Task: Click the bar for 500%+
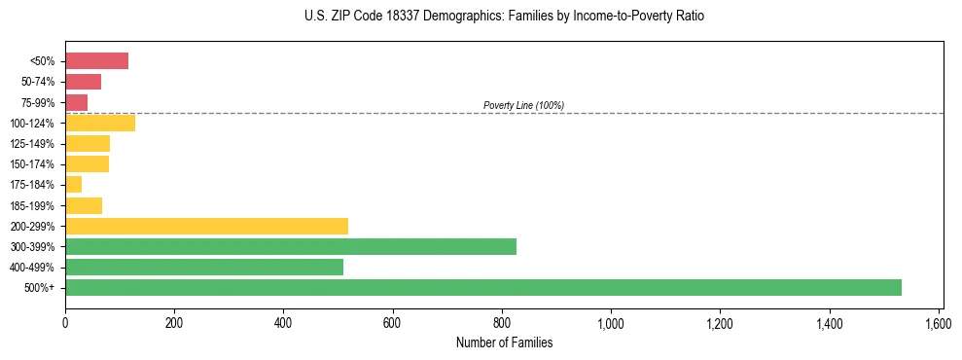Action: pyautogui.click(x=483, y=287)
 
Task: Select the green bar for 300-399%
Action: pyautogui.click(x=291, y=246)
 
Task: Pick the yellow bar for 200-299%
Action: pyautogui.click(x=206, y=226)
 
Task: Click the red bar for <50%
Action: pyautogui.click(x=96, y=61)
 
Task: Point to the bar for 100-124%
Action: pyautogui.click(x=100, y=123)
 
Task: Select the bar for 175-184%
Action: pyautogui.click(x=73, y=185)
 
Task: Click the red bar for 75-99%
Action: pyautogui.click(x=76, y=102)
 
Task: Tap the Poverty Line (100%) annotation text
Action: pyautogui.click(x=523, y=105)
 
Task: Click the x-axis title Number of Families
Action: pyautogui.click(x=504, y=342)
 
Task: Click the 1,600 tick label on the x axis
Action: pyautogui.click(x=939, y=321)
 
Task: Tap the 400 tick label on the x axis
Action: pyautogui.click(x=283, y=321)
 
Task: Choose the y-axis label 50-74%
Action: pyautogui.click(x=39, y=82)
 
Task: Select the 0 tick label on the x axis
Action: pyautogui.click(x=65, y=321)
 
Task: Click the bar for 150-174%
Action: pyautogui.click(x=87, y=164)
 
